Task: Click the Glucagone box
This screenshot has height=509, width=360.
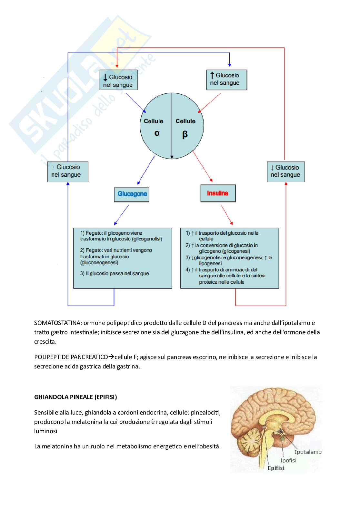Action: click(132, 194)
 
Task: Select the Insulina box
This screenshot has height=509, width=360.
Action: click(218, 193)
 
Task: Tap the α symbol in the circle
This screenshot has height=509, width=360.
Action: click(157, 133)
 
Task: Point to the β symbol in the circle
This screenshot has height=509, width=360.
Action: click(185, 134)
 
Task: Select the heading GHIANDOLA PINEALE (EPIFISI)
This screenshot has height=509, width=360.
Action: click(75, 397)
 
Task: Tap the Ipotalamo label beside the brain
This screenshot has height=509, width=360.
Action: click(308, 452)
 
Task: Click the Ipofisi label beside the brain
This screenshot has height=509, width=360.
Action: click(288, 460)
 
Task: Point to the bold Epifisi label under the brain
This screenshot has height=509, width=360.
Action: click(276, 468)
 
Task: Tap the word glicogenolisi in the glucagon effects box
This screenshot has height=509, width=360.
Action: click(148, 239)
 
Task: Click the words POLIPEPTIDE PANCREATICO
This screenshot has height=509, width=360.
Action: click(71, 357)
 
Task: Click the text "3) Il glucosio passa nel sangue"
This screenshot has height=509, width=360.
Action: click(115, 273)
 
